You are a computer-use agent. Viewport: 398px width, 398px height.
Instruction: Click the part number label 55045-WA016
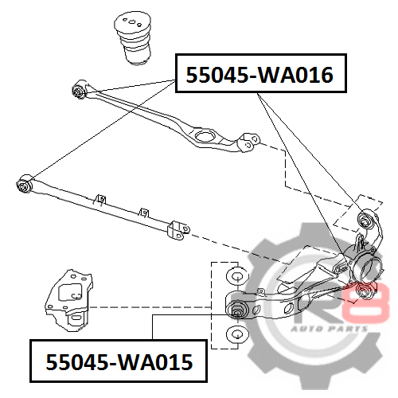pyautogui.click(x=259, y=75)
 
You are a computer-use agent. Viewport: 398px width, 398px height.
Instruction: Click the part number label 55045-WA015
pyautogui.click(x=119, y=362)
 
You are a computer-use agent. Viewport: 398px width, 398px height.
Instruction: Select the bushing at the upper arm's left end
pyautogui.click(x=79, y=90)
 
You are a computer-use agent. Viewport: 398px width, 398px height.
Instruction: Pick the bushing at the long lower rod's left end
pyautogui.click(x=24, y=184)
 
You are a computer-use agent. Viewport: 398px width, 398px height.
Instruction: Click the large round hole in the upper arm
pyautogui.click(x=205, y=136)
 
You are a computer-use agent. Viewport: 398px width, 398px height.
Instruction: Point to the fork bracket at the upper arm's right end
pyautogui.click(x=248, y=142)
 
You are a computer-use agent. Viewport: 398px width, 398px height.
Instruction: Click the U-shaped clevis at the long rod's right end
pyautogui.click(x=179, y=230)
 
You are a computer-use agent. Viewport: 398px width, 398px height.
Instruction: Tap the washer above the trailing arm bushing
pyautogui.click(x=237, y=276)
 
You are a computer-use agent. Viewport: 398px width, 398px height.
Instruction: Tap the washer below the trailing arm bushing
pyautogui.click(x=237, y=334)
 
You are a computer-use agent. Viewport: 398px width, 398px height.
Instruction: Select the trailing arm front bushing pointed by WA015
pyautogui.click(x=237, y=309)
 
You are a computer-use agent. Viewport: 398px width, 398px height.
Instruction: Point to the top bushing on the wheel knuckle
pyautogui.click(x=365, y=219)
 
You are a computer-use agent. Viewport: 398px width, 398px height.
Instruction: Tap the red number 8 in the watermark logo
pyautogui.click(x=368, y=302)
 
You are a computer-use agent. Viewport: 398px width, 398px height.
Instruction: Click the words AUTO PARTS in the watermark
pyautogui.click(x=330, y=330)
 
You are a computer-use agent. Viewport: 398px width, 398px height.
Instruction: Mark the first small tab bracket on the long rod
pyautogui.click(x=100, y=200)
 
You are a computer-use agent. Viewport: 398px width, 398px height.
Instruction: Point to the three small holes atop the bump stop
pyautogui.click(x=131, y=21)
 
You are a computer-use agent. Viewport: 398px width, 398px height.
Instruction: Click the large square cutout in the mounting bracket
pyautogui.click(x=69, y=292)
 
